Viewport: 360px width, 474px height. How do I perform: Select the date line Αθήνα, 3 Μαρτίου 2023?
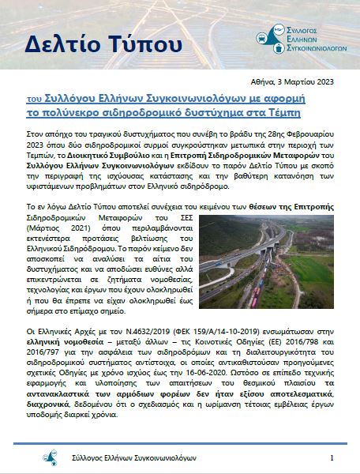tap(290, 81)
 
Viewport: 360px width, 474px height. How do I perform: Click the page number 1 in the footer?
tap(332, 458)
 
